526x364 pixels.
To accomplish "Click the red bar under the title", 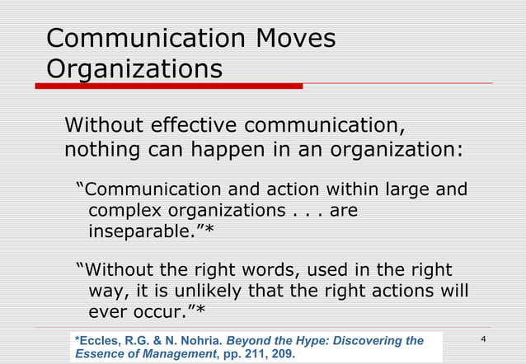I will pos(174,86).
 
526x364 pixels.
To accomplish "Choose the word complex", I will pos(124,211).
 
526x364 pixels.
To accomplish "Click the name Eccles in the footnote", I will pos(98,341).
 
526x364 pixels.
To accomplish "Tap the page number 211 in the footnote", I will pos(260,355).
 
